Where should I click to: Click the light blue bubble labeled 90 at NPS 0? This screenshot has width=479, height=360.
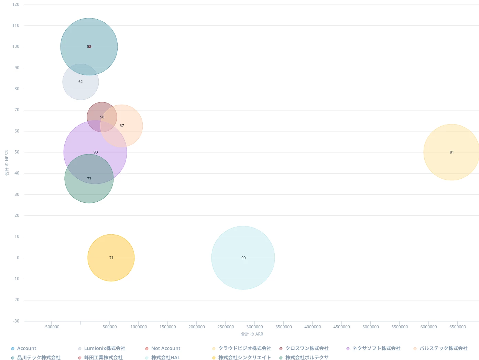(x=243, y=258)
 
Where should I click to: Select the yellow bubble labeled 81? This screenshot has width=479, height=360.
(x=451, y=152)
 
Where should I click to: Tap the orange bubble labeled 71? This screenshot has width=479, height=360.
(x=111, y=258)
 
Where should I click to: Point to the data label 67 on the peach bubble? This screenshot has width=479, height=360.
(x=122, y=126)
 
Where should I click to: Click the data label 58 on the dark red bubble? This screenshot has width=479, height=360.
(x=102, y=117)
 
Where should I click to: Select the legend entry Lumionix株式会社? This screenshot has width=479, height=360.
(x=105, y=348)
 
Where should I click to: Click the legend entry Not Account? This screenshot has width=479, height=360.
(x=165, y=348)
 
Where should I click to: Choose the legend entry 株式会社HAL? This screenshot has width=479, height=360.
(x=165, y=358)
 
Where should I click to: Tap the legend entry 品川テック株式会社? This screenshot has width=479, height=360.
(x=39, y=358)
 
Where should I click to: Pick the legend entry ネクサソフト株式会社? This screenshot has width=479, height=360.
(x=376, y=348)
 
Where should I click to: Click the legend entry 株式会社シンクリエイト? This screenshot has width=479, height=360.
(x=244, y=358)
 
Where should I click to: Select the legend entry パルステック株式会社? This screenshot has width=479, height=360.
(x=443, y=348)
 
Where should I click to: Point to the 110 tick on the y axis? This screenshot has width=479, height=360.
(x=16, y=25)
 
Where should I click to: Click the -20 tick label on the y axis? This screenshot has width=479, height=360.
(x=16, y=300)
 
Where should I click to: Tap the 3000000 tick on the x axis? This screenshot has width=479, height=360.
(x=254, y=327)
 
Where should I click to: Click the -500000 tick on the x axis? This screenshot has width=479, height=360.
(x=52, y=327)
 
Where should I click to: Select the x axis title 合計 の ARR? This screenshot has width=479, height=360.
(x=252, y=334)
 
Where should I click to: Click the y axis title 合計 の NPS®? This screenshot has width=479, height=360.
(x=7, y=163)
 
